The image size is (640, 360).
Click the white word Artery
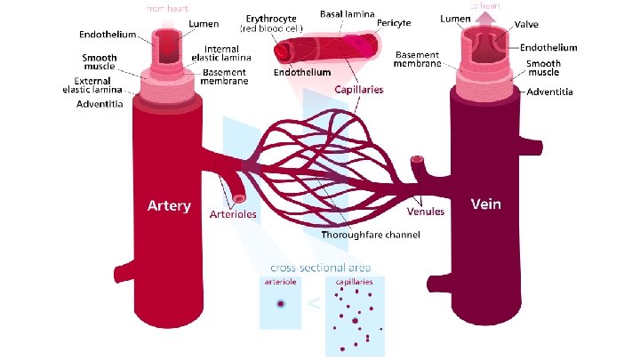168,206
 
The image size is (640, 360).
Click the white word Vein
485,204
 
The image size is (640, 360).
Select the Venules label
426,212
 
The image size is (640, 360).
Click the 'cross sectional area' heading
321,267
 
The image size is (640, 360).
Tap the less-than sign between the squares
313,305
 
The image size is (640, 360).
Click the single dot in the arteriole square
281,304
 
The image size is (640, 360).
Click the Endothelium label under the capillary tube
302,71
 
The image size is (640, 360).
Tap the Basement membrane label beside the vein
417,59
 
